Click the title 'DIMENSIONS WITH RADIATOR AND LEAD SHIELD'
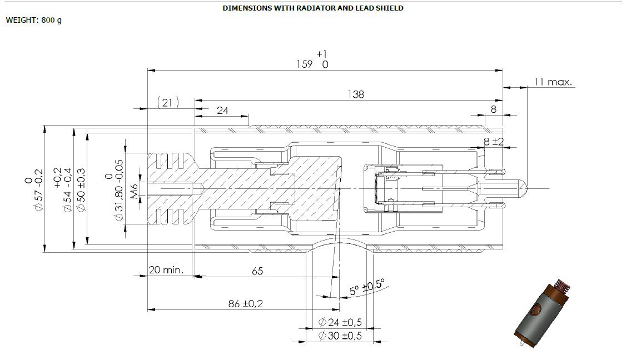(x=312, y=8)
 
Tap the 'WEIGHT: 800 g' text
(x=34, y=20)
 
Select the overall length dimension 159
(x=313, y=59)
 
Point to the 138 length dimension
(x=356, y=94)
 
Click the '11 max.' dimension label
(x=553, y=82)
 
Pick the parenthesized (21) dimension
(x=167, y=103)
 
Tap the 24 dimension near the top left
(x=222, y=110)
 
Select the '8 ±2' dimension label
(x=494, y=141)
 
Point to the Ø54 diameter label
(x=62, y=189)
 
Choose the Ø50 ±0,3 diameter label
(x=81, y=190)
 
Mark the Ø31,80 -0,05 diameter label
(x=113, y=191)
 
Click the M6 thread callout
(x=134, y=191)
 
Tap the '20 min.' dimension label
(x=166, y=270)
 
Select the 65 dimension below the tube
(x=257, y=271)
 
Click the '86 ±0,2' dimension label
(x=246, y=304)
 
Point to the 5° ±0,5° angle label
(x=367, y=287)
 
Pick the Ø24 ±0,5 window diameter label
(x=340, y=322)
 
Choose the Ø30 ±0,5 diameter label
(x=340, y=336)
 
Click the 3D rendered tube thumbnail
(x=541, y=314)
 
